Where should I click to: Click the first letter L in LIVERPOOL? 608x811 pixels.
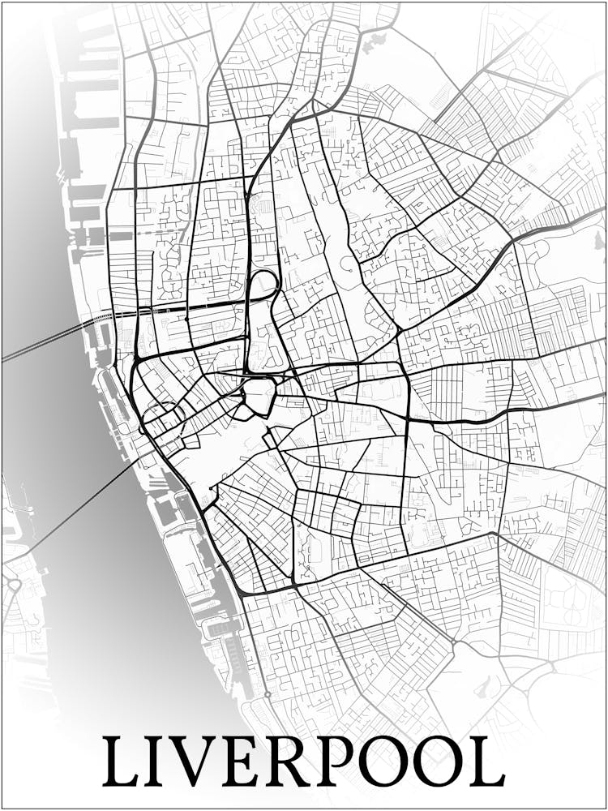[x=122, y=762]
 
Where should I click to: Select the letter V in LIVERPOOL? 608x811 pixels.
[x=203, y=762]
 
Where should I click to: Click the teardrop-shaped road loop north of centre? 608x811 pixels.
[x=263, y=285]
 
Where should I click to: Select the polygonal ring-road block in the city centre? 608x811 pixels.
[x=259, y=395]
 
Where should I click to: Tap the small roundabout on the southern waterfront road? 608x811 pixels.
[x=267, y=695]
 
